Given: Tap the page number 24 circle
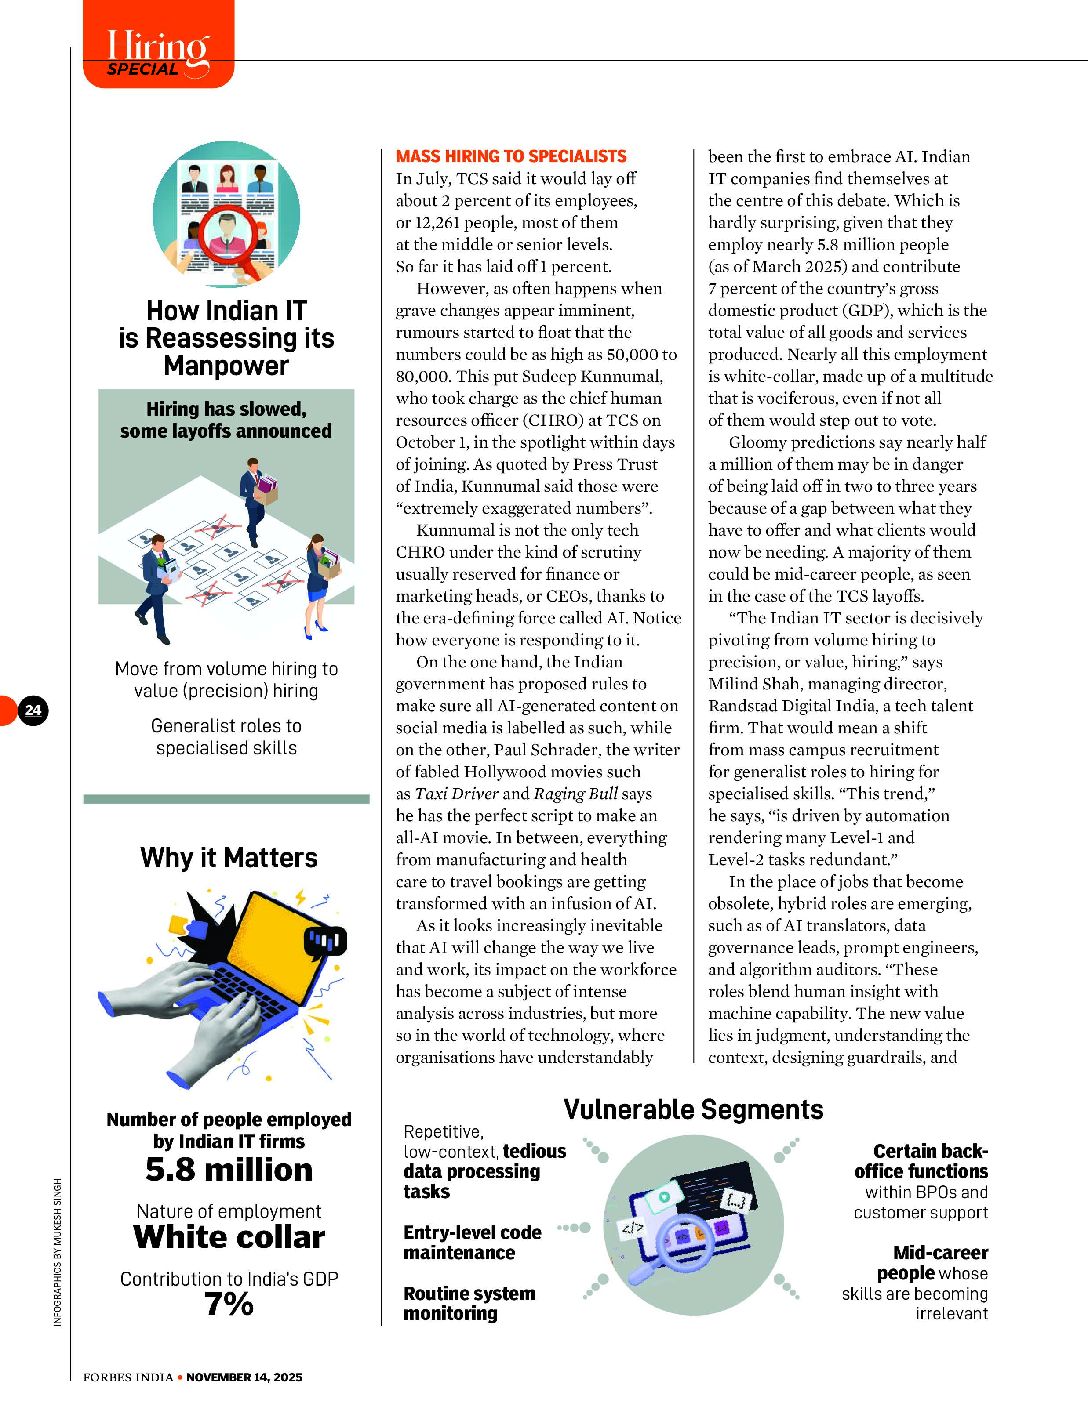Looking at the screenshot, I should (33, 710).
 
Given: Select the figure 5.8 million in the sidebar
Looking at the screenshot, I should (229, 1169).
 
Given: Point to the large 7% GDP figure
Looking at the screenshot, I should (229, 1303).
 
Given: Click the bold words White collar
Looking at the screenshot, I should (229, 1236).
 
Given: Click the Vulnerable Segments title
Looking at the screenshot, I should (693, 1109).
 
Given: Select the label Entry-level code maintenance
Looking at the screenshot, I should (472, 1242).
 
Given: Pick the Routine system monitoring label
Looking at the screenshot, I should (469, 1303).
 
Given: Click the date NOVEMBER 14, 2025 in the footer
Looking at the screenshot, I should (244, 1377).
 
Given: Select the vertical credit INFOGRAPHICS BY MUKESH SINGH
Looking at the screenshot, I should (58, 1251).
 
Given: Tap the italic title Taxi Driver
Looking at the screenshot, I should (456, 794).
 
